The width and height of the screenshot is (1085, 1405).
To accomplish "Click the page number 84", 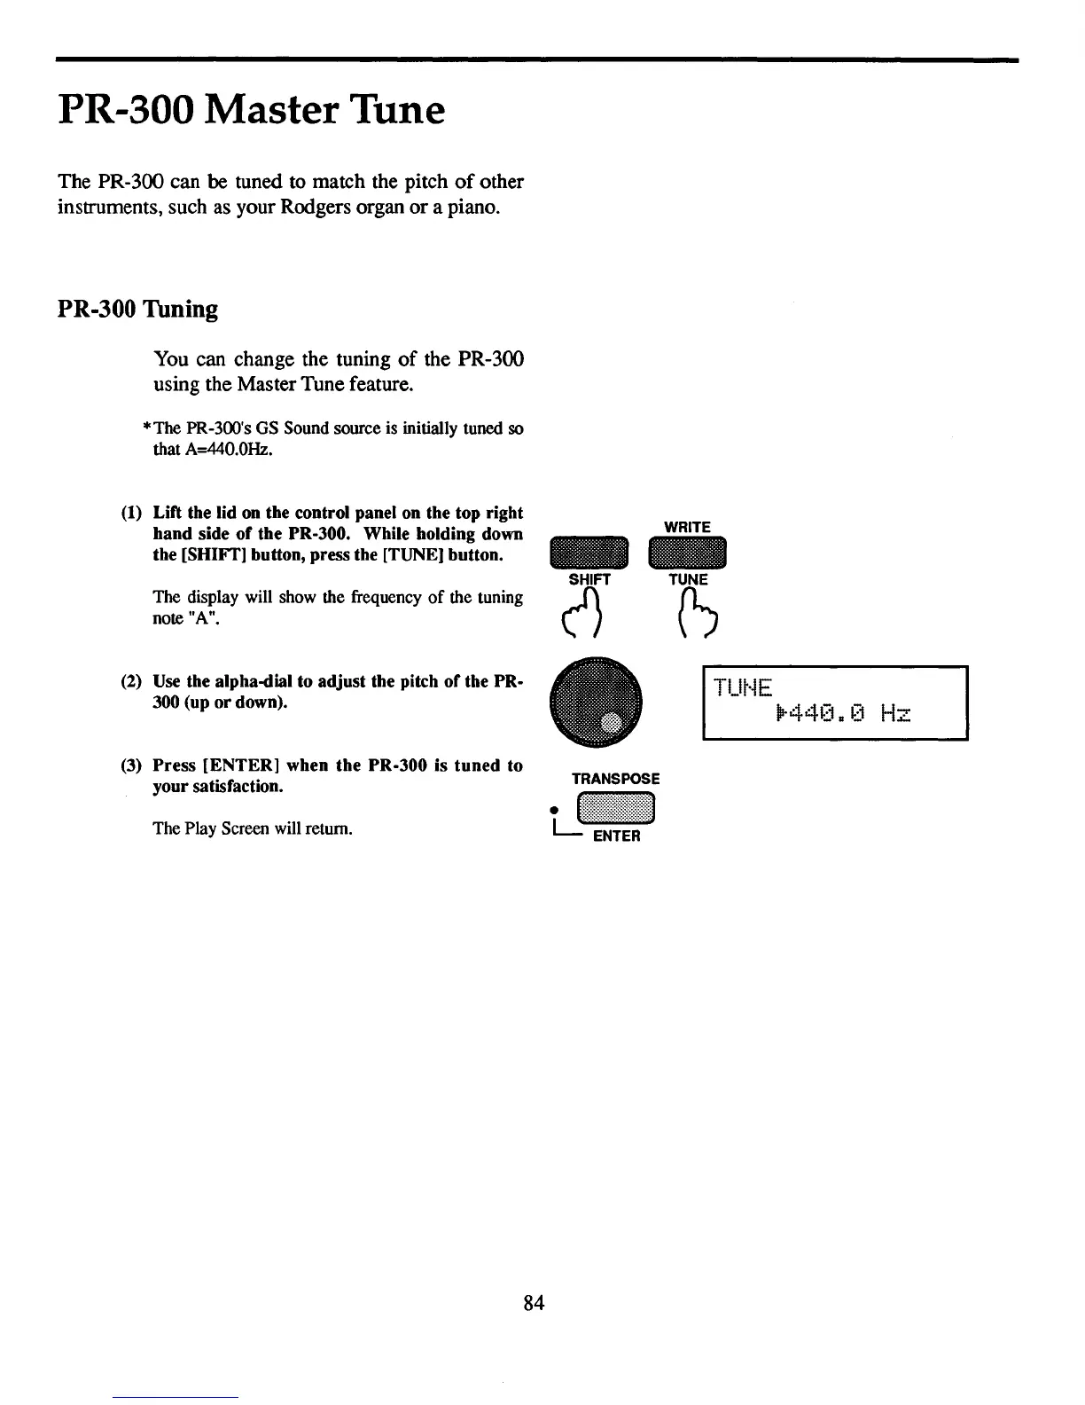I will [x=534, y=1302].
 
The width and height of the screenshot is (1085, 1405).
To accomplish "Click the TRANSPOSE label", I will [x=615, y=779].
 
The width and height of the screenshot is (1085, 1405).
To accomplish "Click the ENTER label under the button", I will [x=616, y=836].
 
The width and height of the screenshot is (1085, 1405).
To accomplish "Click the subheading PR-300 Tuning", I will [x=137, y=309].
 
